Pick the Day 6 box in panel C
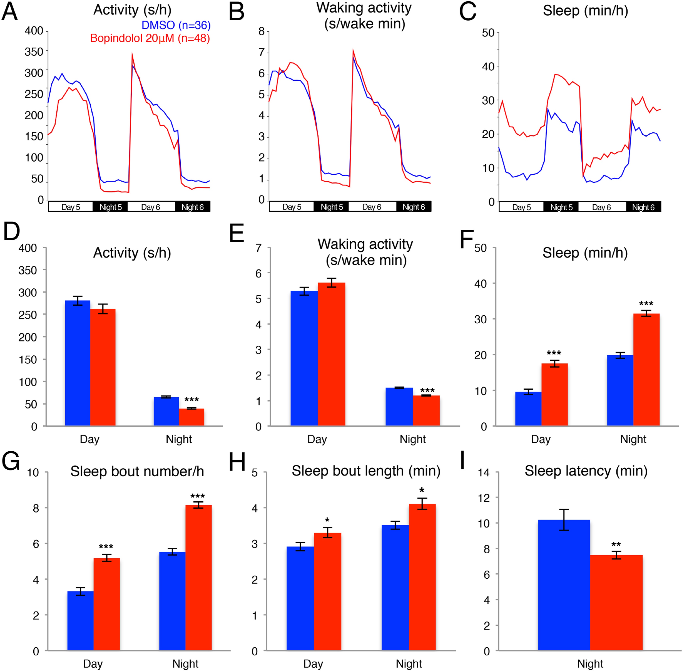(601, 207)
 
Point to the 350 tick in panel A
(34, 52)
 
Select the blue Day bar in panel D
(78, 363)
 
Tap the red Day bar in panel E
(331, 354)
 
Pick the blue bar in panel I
(564, 585)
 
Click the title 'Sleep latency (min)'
(586, 471)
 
